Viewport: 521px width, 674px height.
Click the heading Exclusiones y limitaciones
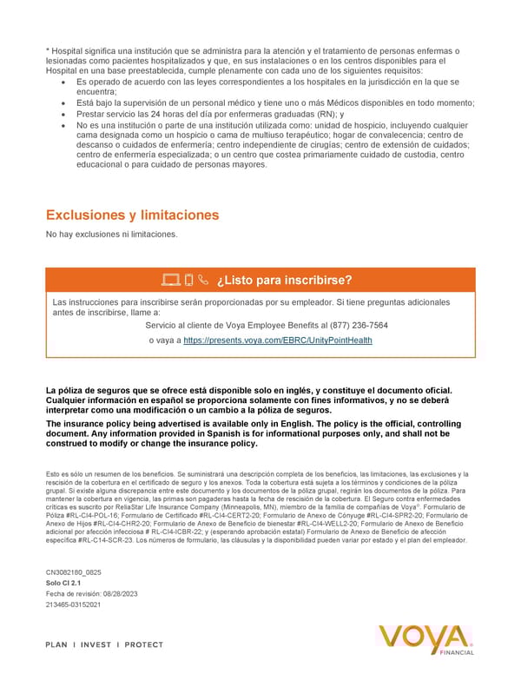132,215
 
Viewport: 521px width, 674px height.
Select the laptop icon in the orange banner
170,280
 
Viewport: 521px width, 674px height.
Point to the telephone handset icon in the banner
203,280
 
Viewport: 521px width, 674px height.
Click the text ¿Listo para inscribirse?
285,280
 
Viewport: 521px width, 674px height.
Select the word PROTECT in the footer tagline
144,644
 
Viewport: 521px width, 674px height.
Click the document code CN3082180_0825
79,572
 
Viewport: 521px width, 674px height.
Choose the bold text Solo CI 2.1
63,583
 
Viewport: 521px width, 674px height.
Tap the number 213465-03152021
73,604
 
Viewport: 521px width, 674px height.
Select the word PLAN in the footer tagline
59,644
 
